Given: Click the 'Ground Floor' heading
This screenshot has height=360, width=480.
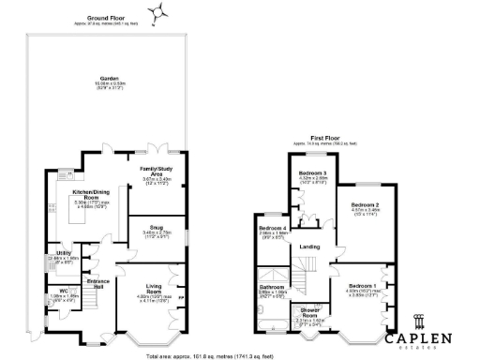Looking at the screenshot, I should (x=107, y=18).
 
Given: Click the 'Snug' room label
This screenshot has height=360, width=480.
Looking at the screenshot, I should (x=155, y=226).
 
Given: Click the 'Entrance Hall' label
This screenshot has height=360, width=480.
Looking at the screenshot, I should (x=98, y=280).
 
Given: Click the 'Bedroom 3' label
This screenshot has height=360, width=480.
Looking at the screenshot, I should (x=312, y=174).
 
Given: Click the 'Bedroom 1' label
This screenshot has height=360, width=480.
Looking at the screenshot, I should (x=361, y=285).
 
